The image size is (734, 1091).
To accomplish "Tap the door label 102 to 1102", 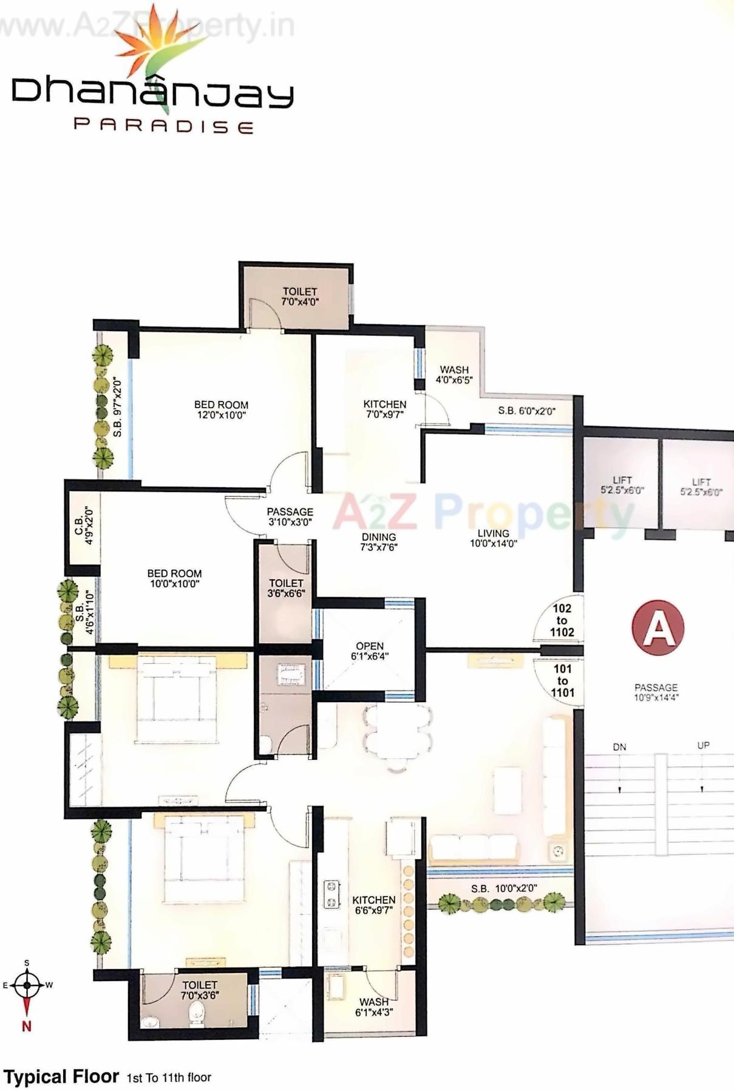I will tap(562, 620).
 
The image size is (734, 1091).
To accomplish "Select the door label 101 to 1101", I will tap(562, 681).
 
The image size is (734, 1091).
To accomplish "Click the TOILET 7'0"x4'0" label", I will tap(299, 296).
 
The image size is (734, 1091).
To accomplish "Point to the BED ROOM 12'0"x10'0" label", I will tap(221, 410).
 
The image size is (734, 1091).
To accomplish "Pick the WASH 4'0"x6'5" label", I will tap(454, 374).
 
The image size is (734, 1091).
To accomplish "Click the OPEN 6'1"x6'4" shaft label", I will tap(369, 651).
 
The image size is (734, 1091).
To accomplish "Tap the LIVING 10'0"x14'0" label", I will tap(493, 538).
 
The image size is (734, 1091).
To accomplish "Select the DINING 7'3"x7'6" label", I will tap(379, 542).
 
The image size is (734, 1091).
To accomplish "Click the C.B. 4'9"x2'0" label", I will tap(83, 526).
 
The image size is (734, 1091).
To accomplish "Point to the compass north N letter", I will tap(26, 1027).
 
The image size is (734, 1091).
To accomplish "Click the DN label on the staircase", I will tap(619, 747).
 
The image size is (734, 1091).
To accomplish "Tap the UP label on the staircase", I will tap(703, 745).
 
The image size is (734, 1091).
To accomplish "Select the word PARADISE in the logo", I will tap(163, 126).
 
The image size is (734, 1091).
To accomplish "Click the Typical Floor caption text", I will tap(61, 1077).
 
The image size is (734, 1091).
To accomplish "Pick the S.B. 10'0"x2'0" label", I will tap(503, 888).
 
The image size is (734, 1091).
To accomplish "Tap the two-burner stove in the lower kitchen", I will tap(331, 894).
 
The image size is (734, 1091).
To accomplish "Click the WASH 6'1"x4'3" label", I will tap(374, 1007).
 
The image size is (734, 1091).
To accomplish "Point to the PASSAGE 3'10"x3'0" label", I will tap(290, 516).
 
